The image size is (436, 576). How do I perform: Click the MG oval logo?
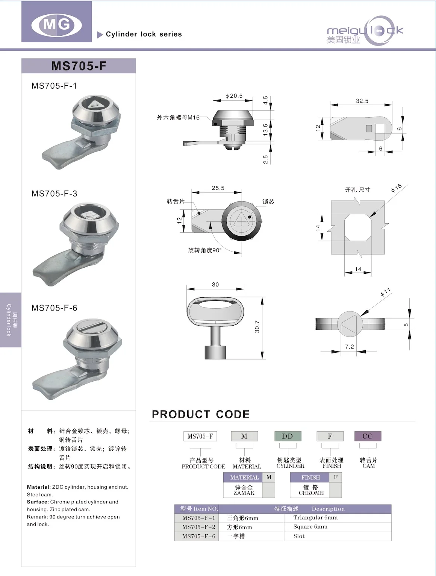click(x=56, y=25)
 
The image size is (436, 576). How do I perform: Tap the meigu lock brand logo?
click(x=365, y=31)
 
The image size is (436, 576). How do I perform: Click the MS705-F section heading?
click(x=79, y=66)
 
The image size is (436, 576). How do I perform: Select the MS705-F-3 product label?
click(x=54, y=194)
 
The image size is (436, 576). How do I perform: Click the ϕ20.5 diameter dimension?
click(x=234, y=96)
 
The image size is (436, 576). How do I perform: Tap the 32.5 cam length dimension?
click(x=362, y=101)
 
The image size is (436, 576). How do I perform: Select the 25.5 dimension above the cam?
click(x=218, y=188)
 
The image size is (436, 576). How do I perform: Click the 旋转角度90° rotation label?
click(x=205, y=250)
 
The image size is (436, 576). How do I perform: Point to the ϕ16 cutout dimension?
click(x=396, y=188)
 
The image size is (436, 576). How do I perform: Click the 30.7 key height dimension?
click(x=257, y=326)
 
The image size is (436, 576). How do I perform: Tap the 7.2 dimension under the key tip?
click(x=350, y=347)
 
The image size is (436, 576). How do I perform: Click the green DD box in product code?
click(x=288, y=436)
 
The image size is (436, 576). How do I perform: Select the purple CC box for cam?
click(x=368, y=436)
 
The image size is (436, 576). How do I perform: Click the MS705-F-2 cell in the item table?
click(x=198, y=527)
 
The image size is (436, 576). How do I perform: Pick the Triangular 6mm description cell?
click(x=315, y=518)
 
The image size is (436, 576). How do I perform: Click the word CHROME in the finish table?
click(x=311, y=493)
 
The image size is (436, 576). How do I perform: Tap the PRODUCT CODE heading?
click(x=201, y=414)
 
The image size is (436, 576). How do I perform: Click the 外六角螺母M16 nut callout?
click(x=178, y=118)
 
